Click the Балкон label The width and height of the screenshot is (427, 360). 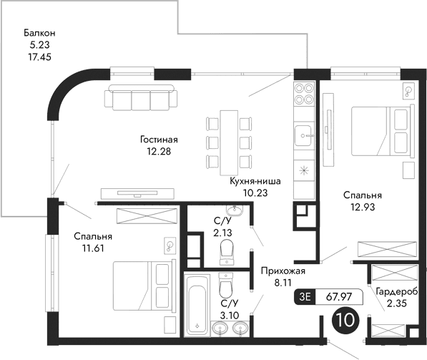point(39,33)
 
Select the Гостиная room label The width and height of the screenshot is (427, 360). point(159,140)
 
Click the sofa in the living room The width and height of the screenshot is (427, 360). point(139,97)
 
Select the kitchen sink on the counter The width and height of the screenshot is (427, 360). point(304,134)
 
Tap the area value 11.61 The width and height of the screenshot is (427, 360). point(93,248)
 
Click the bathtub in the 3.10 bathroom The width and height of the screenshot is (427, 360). point(197,305)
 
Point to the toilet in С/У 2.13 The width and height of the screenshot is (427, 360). point(227,250)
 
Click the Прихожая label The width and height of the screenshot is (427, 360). point(283,271)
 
